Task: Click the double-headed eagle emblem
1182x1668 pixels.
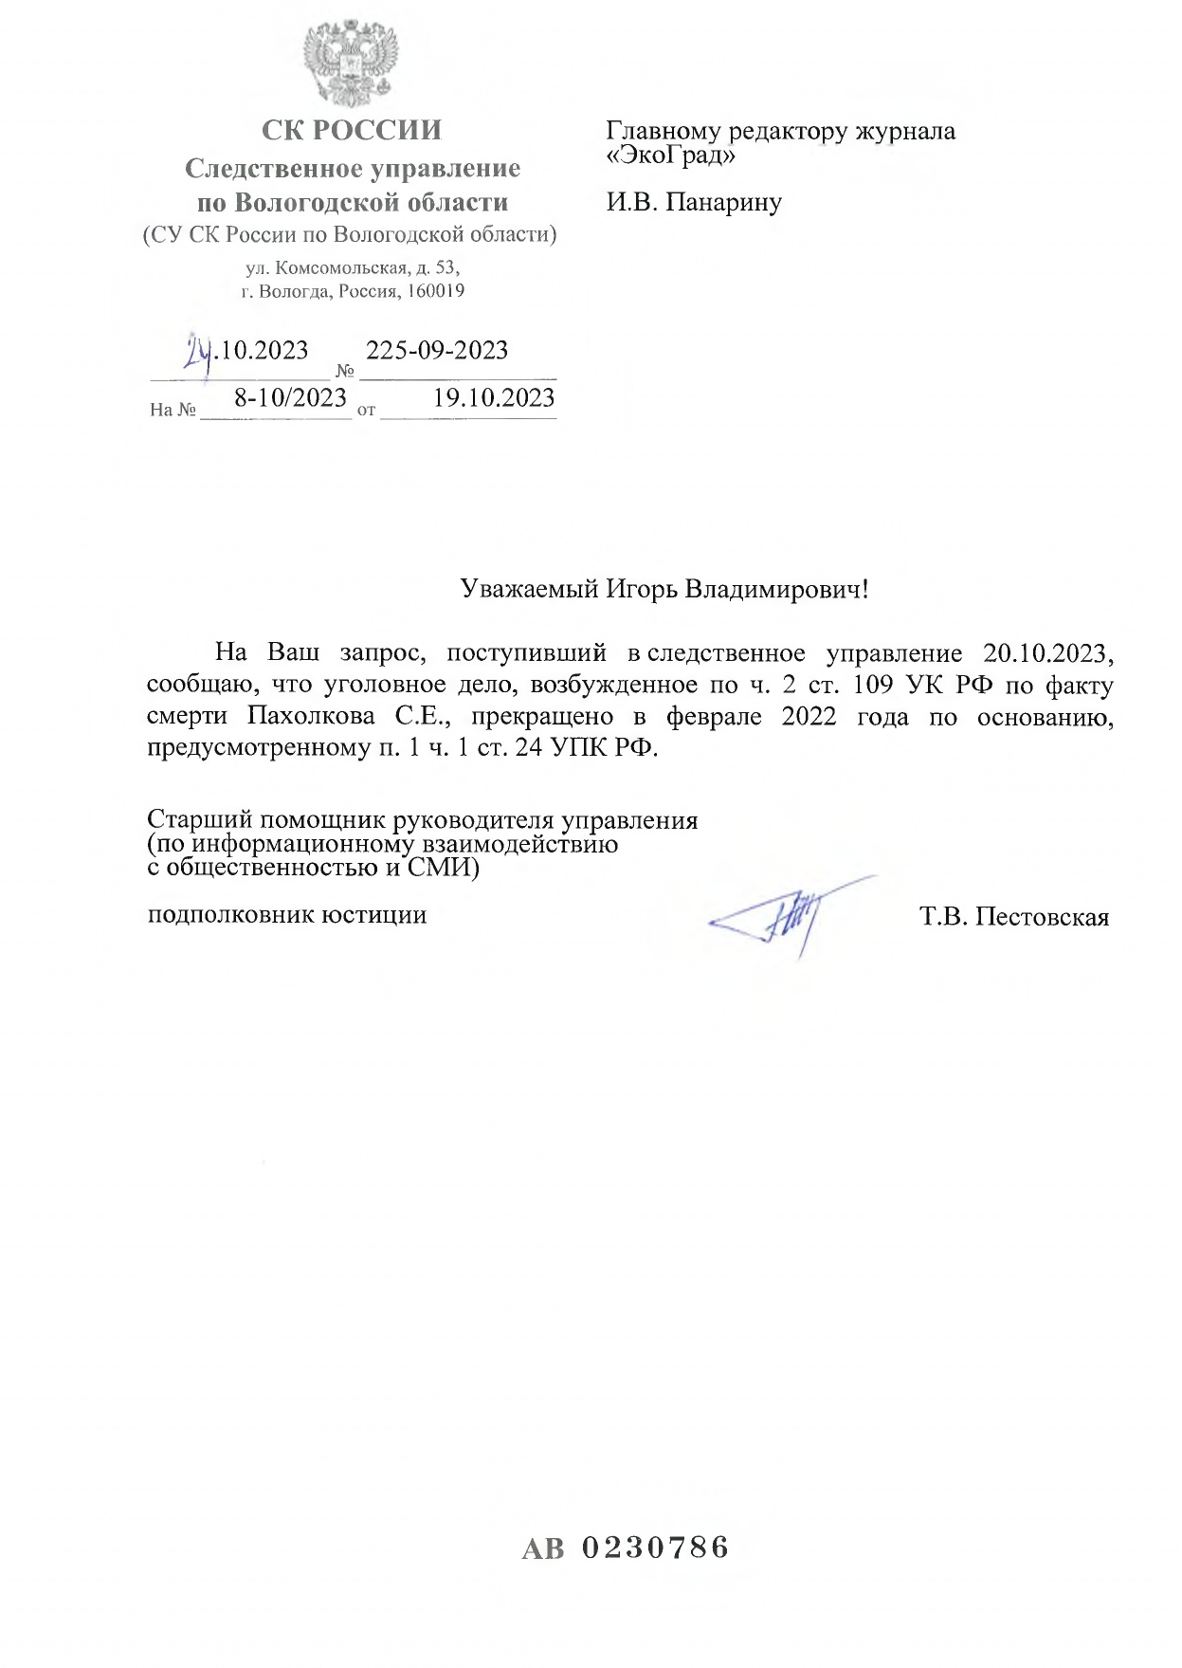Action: tap(351, 64)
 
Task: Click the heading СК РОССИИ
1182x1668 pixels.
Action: tap(352, 130)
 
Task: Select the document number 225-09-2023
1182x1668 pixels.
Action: tap(437, 351)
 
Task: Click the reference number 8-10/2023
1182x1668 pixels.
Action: tap(291, 398)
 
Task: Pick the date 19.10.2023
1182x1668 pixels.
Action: tap(494, 398)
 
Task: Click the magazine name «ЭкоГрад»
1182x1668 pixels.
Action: tap(670, 155)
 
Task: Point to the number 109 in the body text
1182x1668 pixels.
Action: tap(873, 685)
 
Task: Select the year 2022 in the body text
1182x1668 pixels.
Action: tap(809, 716)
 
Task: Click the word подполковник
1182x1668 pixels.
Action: tap(230, 915)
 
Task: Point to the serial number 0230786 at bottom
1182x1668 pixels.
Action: tap(655, 1549)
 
